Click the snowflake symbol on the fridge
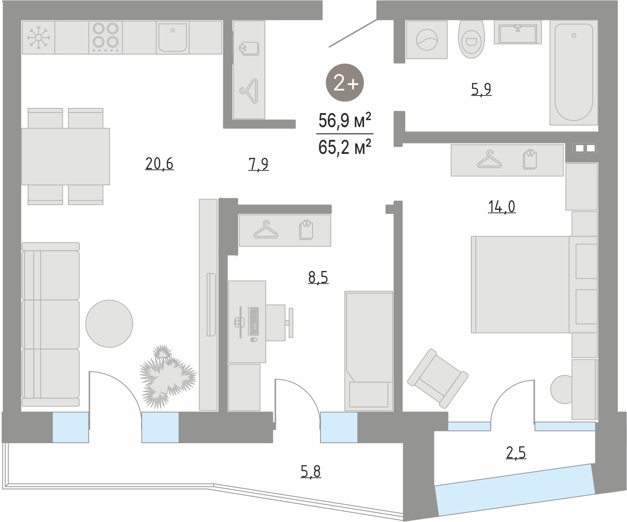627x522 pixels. tap(38, 38)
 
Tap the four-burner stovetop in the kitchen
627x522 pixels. tap(105, 37)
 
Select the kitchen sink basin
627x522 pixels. tap(173, 38)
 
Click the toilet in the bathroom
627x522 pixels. tap(471, 39)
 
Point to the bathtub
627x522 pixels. tap(573, 73)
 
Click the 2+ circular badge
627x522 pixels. tap(345, 83)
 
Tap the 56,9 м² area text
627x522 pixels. tap(345, 121)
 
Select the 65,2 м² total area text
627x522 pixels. tap(345, 147)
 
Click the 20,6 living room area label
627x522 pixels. tap(159, 164)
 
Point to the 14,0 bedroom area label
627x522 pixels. tap(502, 207)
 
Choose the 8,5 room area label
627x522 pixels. tap(318, 277)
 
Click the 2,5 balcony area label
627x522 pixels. tap(516, 453)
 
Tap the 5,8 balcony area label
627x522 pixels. tap(311, 472)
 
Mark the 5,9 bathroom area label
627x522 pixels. tap(482, 90)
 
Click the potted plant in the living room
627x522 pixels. tap(167, 377)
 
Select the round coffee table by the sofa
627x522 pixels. tap(109, 324)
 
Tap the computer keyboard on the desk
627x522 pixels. tap(254, 321)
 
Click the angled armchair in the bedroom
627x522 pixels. tap(438, 379)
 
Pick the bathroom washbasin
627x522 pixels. tap(518, 32)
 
